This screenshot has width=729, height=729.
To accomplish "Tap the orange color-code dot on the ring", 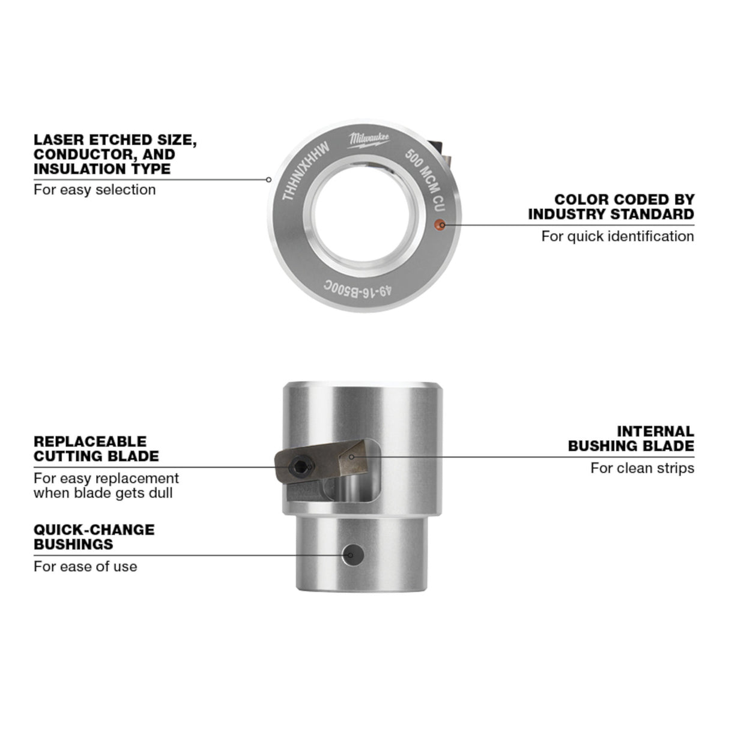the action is [439, 225].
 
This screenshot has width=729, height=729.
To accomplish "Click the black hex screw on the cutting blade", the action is [301, 467].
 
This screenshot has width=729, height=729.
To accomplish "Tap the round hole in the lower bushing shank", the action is [352, 555].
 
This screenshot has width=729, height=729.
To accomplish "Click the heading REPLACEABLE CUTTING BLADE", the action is [96, 449].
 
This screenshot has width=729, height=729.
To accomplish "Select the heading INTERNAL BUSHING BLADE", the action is [631, 439].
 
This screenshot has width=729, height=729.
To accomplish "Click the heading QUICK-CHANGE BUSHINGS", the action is [94, 537].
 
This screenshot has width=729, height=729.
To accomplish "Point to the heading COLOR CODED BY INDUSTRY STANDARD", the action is [611, 207].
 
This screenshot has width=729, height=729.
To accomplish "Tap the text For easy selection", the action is [94, 190].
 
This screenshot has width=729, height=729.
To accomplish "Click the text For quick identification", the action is [618, 237].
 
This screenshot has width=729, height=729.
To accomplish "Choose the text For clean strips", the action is [643, 468].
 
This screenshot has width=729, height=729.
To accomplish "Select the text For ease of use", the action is [85, 566].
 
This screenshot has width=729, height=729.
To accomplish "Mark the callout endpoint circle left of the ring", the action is [268, 180].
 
